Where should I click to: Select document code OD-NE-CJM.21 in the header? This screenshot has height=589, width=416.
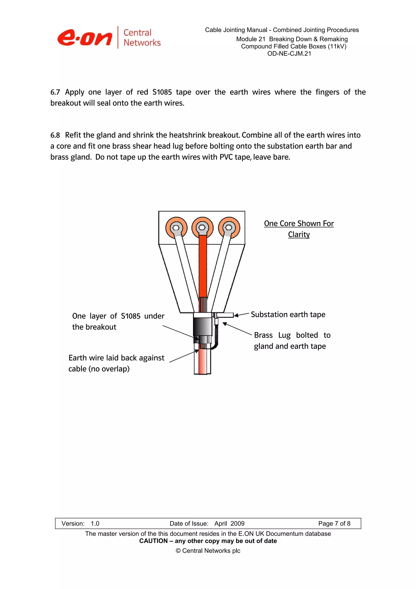coord(289,54)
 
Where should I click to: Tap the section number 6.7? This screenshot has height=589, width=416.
coord(55,92)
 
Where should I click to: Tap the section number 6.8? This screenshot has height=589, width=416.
coord(55,135)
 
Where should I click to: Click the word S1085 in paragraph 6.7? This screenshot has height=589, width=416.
coord(162,92)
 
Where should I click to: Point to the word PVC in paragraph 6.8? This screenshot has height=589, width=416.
coord(226,157)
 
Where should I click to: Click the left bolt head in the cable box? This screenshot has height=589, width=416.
coord(176,228)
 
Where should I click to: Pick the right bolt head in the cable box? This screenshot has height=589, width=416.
coord(229,228)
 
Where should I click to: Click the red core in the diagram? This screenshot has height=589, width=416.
coord(203,267)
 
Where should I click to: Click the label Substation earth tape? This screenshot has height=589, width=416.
coord(288,314)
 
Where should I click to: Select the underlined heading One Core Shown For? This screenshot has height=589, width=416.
coord(299,223)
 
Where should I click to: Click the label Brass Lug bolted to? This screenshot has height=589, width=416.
coord(292,335)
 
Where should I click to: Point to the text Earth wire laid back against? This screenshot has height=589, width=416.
coord(116,358)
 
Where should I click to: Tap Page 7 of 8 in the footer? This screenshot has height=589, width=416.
coord(334,524)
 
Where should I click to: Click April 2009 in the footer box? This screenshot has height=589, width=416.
coord(229,524)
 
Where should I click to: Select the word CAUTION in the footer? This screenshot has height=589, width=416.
coord(153,541)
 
